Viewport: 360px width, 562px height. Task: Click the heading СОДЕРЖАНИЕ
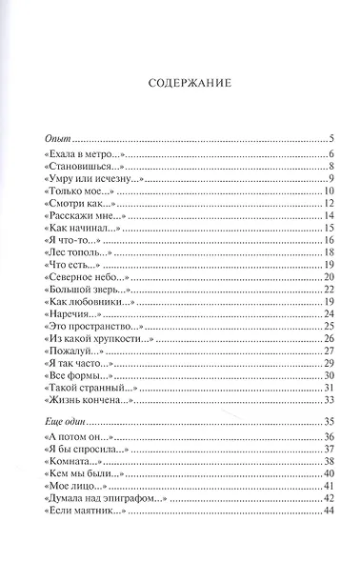tap(189, 84)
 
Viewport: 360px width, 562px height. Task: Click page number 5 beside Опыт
tap(329, 139)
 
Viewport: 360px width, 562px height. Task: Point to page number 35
tap(326, 421)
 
